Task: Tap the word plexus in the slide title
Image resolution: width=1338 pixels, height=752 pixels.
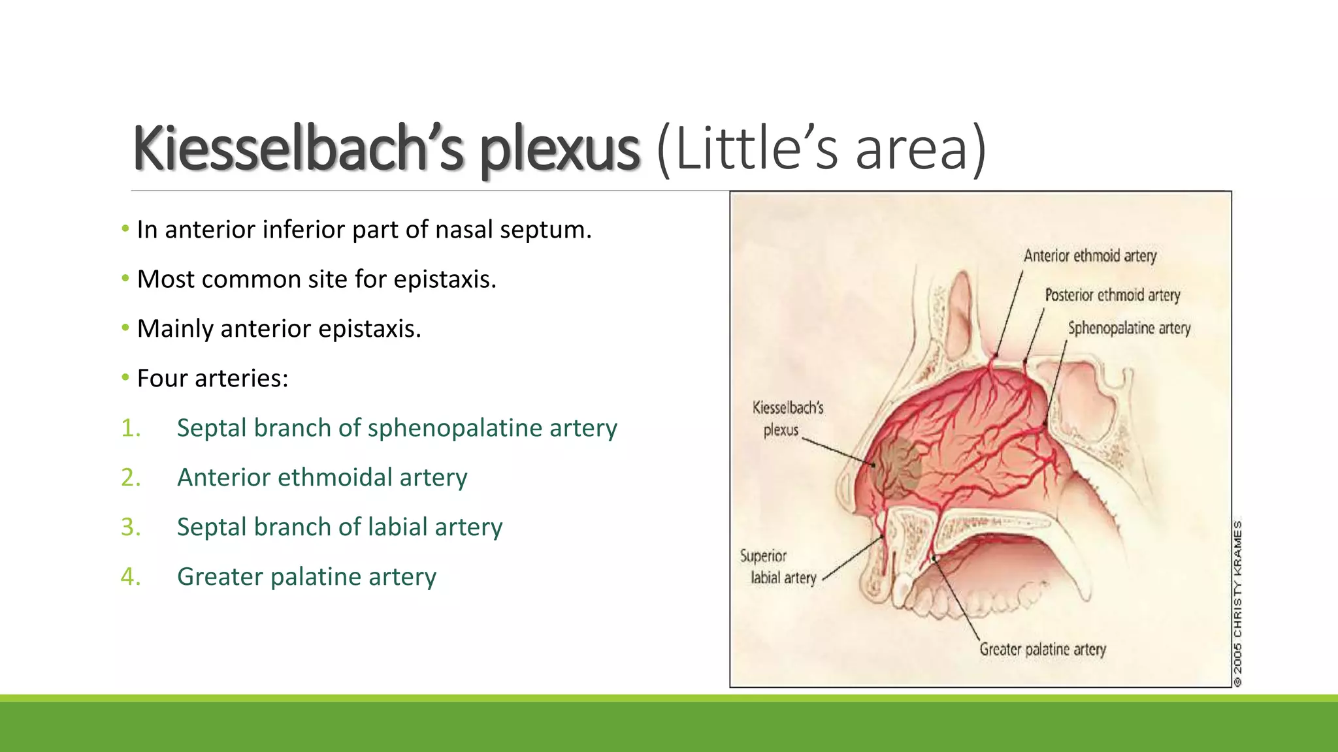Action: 559,150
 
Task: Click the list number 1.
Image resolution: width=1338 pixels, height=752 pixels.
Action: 131,428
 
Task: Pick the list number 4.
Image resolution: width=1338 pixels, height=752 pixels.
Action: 131,577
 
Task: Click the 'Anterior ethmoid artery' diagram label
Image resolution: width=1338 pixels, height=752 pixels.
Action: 1090,255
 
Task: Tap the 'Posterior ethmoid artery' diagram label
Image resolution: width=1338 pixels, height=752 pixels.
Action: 1113,295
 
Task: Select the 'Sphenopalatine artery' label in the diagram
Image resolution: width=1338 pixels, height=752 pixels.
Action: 1129,328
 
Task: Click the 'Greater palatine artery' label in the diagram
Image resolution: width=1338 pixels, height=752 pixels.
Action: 1043,650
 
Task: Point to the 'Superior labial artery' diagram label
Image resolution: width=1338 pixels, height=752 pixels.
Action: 777,567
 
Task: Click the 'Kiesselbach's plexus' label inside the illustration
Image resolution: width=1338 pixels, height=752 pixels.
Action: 787,418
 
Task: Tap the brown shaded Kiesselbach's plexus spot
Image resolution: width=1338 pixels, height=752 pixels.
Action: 897,467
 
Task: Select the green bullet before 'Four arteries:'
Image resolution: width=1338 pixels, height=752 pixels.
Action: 125,378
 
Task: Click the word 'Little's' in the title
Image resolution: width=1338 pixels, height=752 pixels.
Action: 745,149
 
